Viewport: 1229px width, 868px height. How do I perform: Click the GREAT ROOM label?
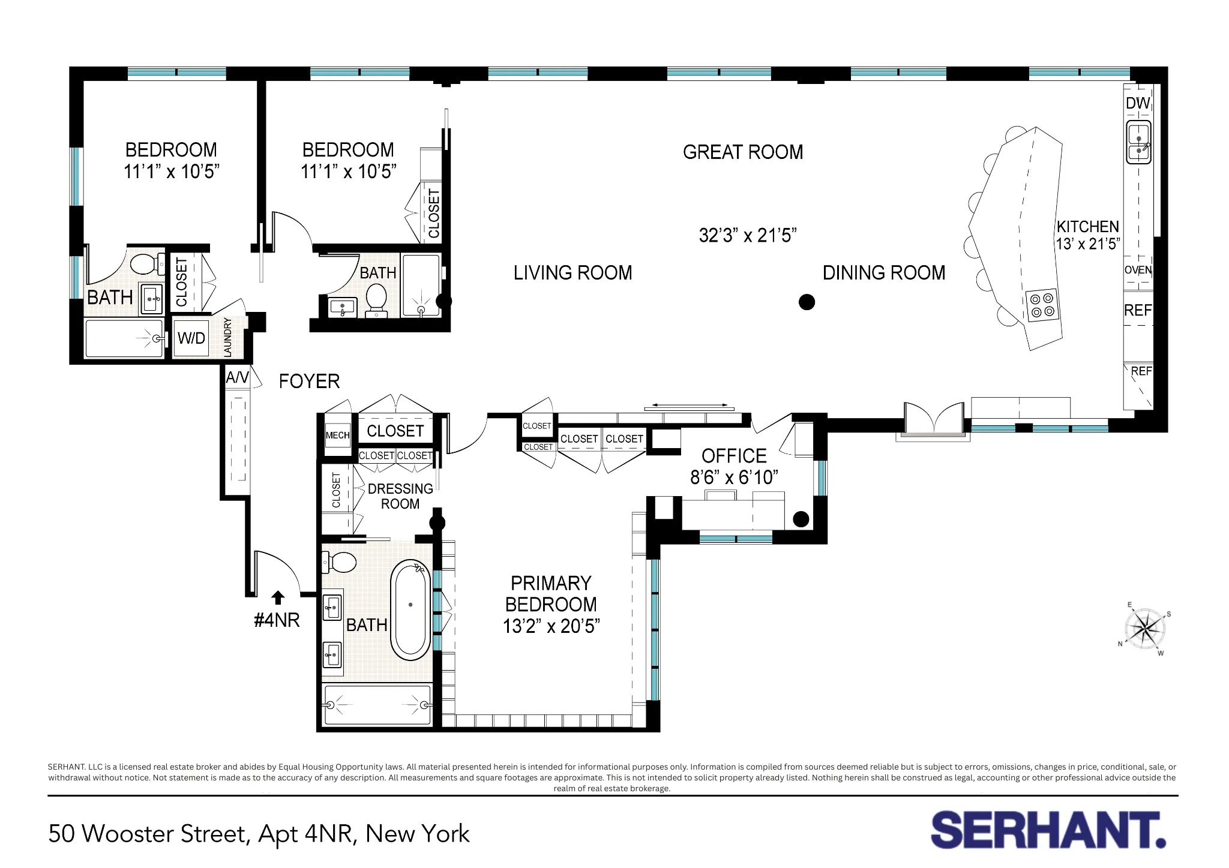[x=743, y=152]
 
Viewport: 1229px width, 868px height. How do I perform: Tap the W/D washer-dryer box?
[x=191, y=338]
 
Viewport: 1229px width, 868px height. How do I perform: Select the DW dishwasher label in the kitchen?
[x=1137, y=103]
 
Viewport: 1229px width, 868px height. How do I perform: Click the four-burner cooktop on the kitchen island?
[x=1042, y=305]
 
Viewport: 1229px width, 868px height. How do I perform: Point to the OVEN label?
[x=1138, y=270]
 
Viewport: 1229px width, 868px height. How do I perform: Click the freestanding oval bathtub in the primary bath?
[x=410, y=609]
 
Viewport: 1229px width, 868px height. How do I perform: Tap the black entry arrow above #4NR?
[x=277, y=597]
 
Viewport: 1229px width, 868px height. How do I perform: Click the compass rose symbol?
[x=1146, y=629]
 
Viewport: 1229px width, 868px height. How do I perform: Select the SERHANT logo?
[x=1048, y=830]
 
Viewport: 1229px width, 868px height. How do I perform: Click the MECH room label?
[x=337, y=435]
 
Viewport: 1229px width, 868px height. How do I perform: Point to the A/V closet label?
[x=237, y=377]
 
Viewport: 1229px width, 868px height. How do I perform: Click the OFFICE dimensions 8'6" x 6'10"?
[x=734, y=477]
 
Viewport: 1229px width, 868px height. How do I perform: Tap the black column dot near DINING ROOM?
[x=807, y=302]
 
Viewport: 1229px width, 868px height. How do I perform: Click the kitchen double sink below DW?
[x=1138, y=142]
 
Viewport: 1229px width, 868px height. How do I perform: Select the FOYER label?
[x=309, y=382]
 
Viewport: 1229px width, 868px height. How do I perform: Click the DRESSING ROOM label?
[x=400, y=496]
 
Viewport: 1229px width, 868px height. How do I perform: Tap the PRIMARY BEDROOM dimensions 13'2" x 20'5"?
[x=551, y=626]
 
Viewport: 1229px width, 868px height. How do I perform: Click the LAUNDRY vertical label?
[x=227, y=337]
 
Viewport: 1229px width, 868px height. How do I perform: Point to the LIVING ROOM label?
[x=572, y=273]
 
